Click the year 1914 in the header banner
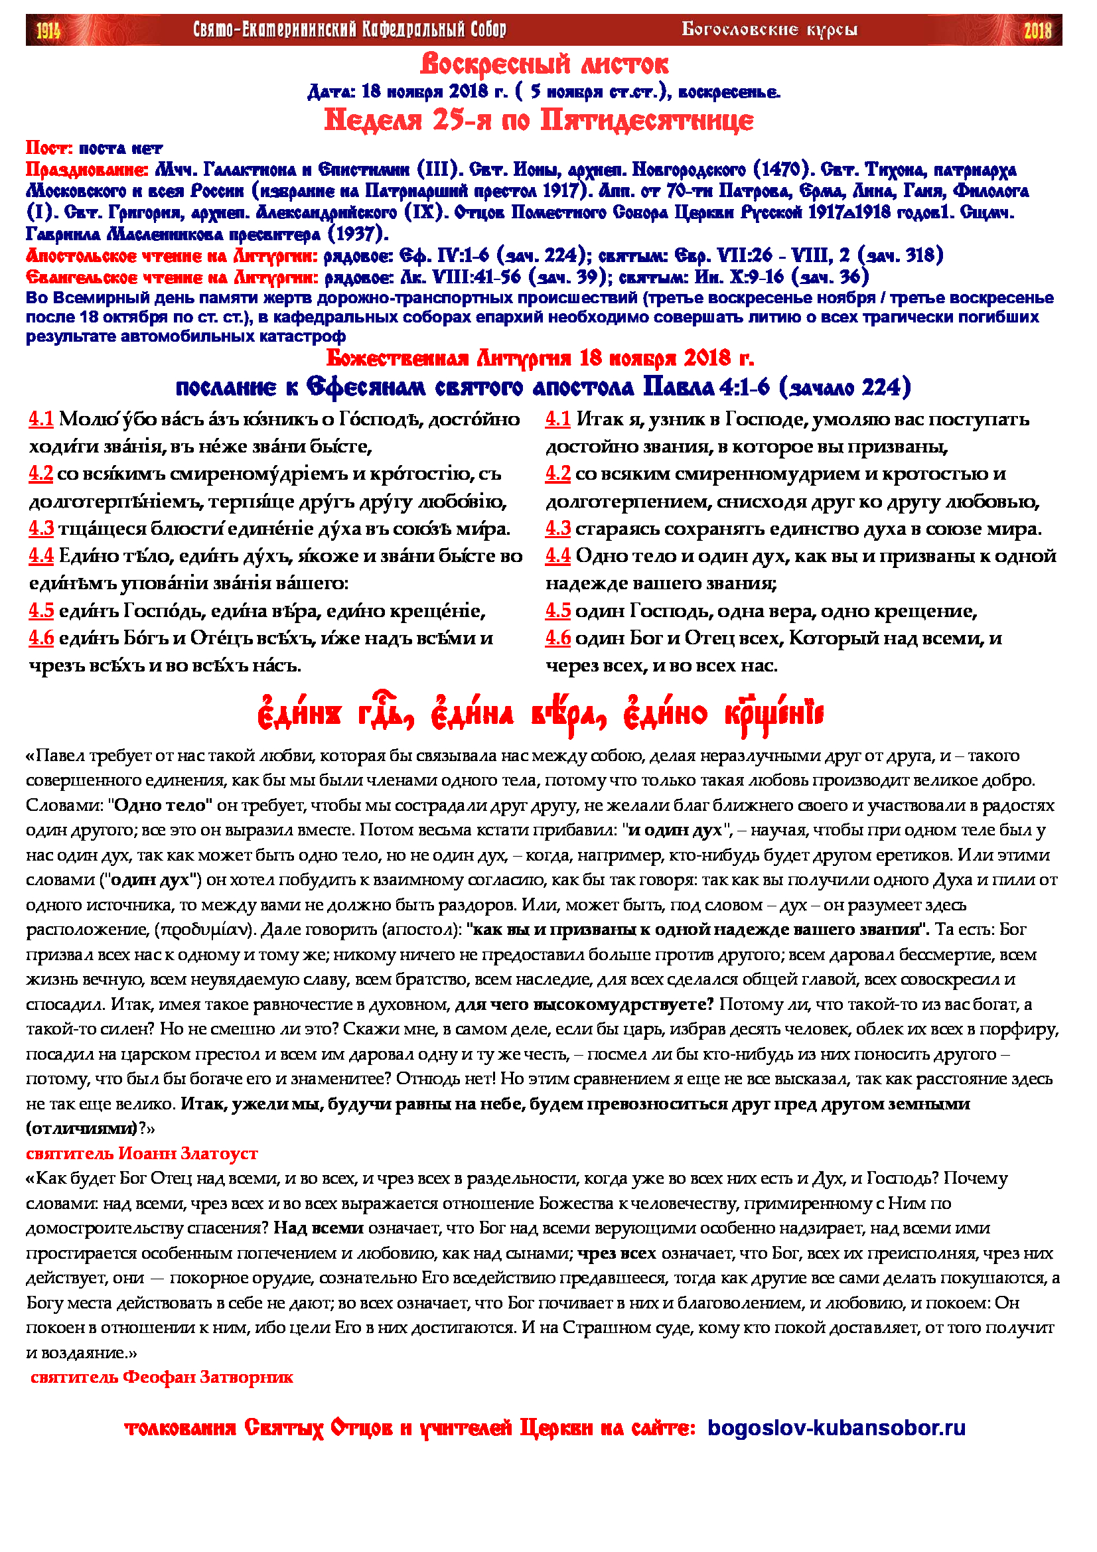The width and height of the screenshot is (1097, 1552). [x=48, y=30]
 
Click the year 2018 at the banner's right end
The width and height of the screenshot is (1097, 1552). [x=1037, y=30]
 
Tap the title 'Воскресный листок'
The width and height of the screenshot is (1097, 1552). [x=544, y=65]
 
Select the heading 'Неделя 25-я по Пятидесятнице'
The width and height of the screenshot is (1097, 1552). [x=539, y=120]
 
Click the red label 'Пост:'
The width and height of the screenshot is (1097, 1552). [x=49, y=148]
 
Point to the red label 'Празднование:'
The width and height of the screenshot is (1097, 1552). [x=87, y=170]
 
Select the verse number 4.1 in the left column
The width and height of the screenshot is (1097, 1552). [x=41, y=419]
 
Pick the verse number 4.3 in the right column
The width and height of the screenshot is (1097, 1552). [x=557, y=529]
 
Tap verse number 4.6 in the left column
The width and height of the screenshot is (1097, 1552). [x=41, y=638]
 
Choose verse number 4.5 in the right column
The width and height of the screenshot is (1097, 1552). [x=557, y=611]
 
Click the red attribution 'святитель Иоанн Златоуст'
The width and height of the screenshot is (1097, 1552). [x=142, y=1153]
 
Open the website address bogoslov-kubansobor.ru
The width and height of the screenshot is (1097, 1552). [x=837, y=1442]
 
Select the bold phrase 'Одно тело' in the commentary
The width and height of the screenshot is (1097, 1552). [x=163, y=805]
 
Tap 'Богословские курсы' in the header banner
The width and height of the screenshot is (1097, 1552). [x=769, y=30]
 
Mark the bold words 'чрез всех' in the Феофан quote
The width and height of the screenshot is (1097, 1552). [x=617, y=1253]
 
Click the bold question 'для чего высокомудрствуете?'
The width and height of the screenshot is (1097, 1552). [x=585, y=1005]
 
